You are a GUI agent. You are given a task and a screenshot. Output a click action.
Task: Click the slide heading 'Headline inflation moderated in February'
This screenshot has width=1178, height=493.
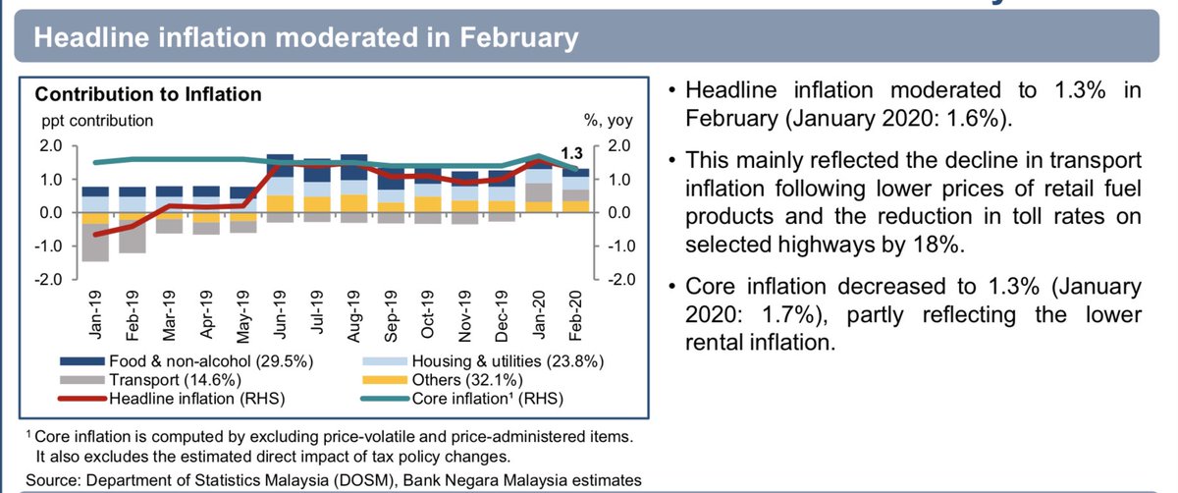tap(305, 39)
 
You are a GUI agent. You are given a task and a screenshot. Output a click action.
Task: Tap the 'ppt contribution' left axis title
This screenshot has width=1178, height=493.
tap(95, 122)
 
